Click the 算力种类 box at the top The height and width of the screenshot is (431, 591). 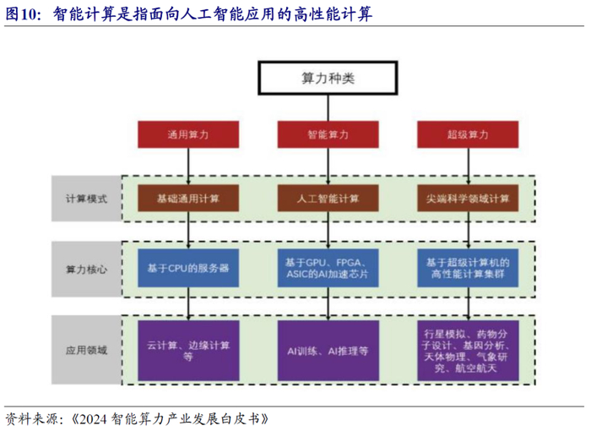pos(328,78)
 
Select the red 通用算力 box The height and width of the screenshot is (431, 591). pos(188,134)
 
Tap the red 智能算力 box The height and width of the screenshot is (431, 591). pos(328,134)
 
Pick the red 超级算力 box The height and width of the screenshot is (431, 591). pos(468,134)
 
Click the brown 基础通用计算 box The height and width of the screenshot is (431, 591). pos(188,198)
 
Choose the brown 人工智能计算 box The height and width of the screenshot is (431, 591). pos(328,198)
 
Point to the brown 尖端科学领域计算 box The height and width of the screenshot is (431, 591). pos(468,198)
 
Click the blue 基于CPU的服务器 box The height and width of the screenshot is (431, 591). pos(188,268)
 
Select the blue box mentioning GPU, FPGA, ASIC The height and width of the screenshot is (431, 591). pos(328,268)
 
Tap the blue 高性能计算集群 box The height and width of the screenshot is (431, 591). pos(468,268)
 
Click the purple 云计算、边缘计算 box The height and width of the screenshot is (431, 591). pos(188,351)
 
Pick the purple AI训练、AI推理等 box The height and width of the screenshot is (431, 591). pos(328,351)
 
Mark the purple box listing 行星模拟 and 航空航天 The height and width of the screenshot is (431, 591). pos(468,351)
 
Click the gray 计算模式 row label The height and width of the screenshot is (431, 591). pos(86,199)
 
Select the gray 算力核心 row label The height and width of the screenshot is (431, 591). pos(86,270)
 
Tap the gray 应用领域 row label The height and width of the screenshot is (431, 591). pos(86,350)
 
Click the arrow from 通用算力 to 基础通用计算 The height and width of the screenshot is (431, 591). pos(188,166)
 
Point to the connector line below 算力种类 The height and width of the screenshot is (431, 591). pos(328,108)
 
